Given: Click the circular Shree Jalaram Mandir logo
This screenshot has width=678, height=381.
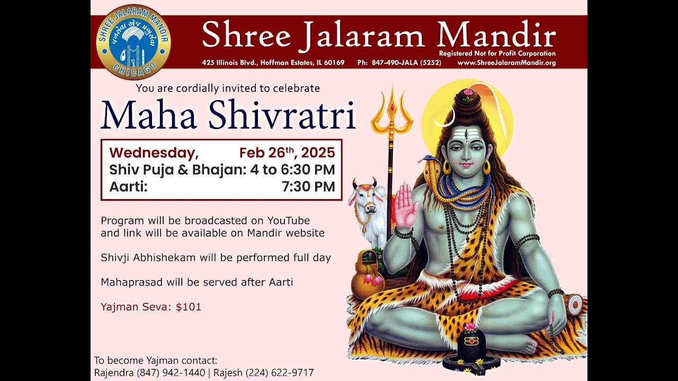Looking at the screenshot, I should pyautogui.click(x=133, y=42).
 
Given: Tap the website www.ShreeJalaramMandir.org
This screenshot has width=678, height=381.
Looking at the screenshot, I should pyautogui.click(x=506, y=63).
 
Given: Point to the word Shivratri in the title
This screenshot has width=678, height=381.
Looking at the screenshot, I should pyautogui.click(x=282, y=114).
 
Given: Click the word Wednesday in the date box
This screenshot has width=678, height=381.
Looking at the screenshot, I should pyautogui.click(x=154, y=153).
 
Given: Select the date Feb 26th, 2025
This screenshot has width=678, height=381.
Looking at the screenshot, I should pyautogui.click(x=287, y=153).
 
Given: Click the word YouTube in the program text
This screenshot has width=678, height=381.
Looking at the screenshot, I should pyautogui.click(x=289, y=220).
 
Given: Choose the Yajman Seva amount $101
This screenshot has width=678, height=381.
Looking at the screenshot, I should pyautogui.click(x=189, y=307).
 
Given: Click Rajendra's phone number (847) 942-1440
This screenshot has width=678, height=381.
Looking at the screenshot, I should pyautogui.click(x=171, y=373).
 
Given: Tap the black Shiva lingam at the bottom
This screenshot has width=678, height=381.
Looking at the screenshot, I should pyautogui.click(x=471, y=347).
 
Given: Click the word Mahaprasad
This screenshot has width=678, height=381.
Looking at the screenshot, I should pyautogui.click(x=131, y=283).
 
